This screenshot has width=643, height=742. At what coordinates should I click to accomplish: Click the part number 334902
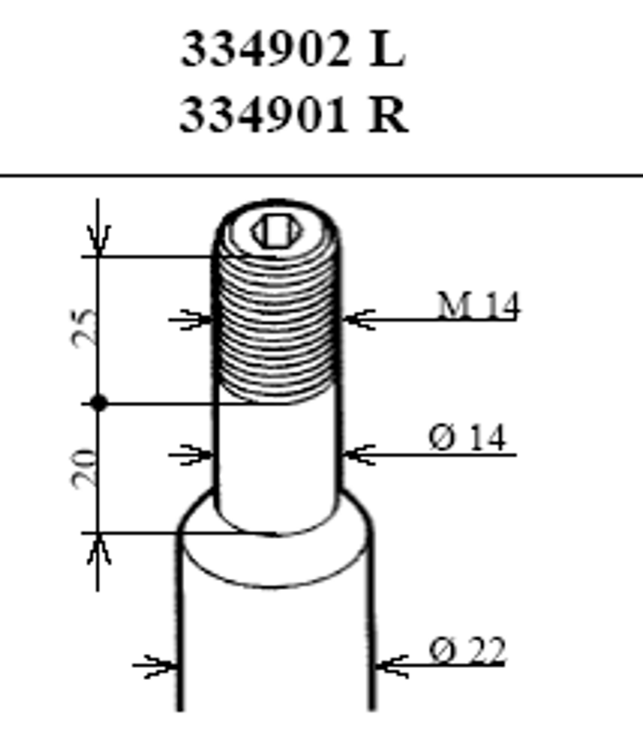click(x=265, y=49)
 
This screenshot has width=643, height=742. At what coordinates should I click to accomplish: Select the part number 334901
click(x=264, y=115)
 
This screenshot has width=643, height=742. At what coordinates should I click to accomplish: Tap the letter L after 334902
click(x=387, y=49)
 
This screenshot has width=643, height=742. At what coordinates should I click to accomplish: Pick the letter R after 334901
click(x=388, y=115)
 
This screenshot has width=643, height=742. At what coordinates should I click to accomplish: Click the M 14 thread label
click(x=478, y=305)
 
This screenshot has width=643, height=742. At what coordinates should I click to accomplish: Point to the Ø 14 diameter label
click(x=468, y=438)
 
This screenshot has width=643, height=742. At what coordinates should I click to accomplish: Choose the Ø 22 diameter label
click(x=468, y=650)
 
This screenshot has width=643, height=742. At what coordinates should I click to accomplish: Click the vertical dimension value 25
click(x=84, y=327)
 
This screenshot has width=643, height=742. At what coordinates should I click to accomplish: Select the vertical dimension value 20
click(x=84, y=467)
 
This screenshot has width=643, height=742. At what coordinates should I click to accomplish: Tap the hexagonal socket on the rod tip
click(x=277, y=231)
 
